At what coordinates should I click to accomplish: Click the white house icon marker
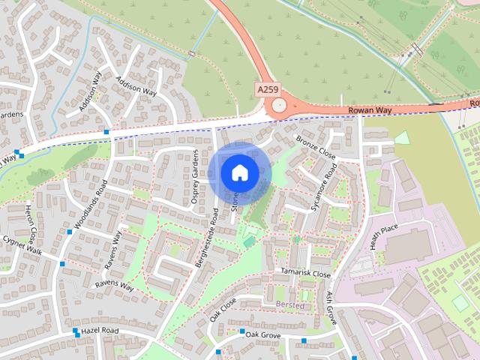(x=239, y=172)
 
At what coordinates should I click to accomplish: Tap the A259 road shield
(x=267, y=89)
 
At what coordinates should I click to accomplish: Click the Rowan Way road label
(x=370, y=110)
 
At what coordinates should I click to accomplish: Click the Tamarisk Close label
(x=305, y=274)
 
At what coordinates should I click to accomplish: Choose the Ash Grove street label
(x=331, y=308)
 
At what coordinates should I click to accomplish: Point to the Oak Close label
(x=223, y=309)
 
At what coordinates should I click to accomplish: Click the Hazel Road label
(x=100, y=331)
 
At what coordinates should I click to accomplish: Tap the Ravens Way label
(x=113, y=286)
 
